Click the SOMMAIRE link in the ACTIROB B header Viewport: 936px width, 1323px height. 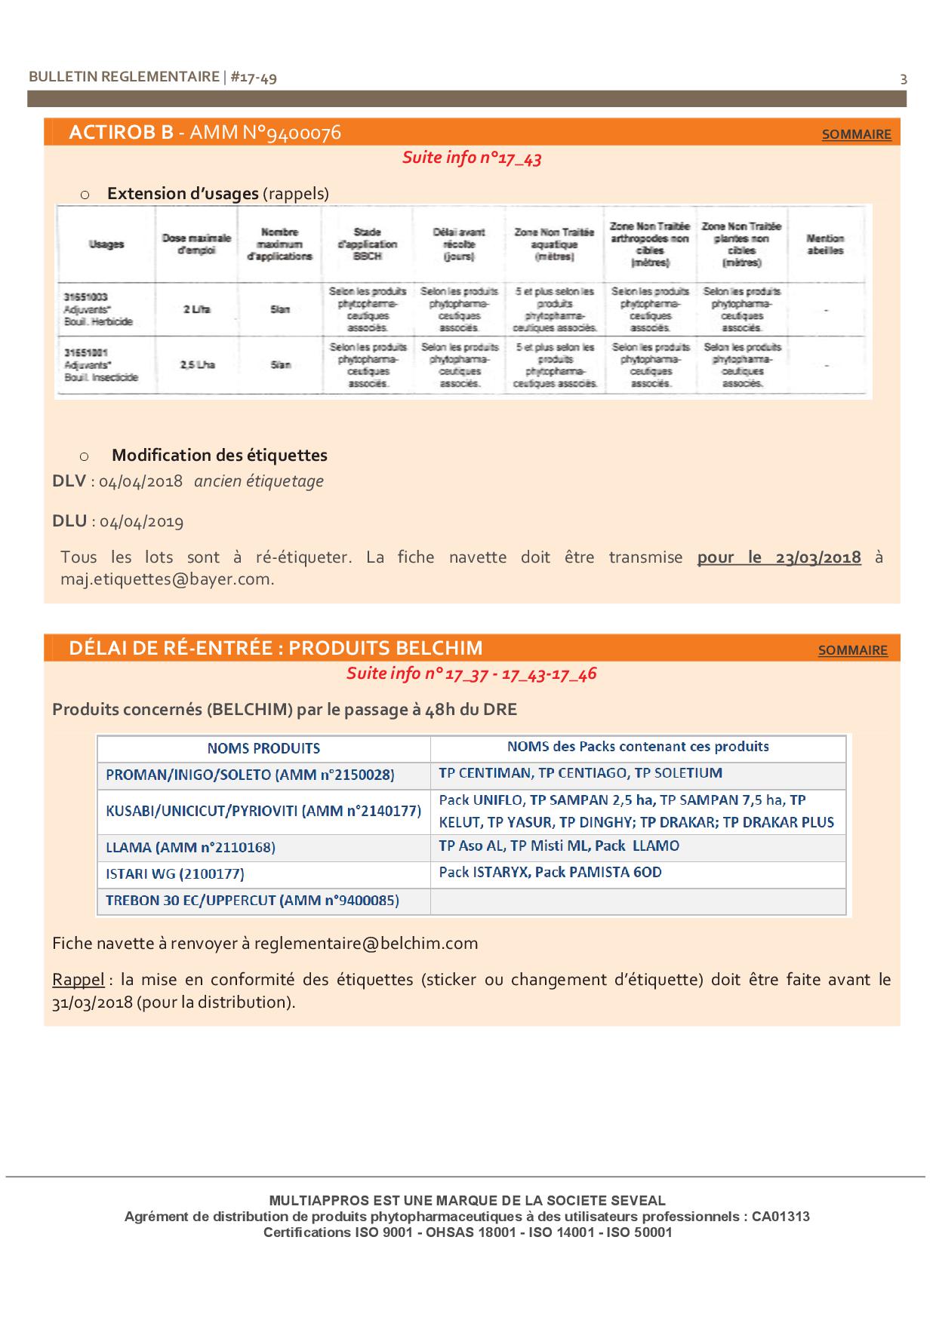click(856, 134)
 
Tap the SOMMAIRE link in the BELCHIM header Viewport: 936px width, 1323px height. click(852, 650)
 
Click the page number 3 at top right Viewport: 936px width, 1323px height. click(904, 79)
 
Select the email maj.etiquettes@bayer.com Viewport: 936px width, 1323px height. click(167, 579)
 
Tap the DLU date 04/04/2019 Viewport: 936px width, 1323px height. click(141, 521)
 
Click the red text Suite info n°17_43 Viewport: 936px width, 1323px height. click(471, 158)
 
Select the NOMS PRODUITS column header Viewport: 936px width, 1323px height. click(263, 748)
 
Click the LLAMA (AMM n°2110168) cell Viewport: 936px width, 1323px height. click(190, 847)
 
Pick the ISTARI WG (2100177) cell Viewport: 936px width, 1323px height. click(174, 874)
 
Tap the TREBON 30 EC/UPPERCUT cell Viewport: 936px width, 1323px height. click(252, 901)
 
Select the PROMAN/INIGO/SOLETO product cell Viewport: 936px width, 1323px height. click(250, 775)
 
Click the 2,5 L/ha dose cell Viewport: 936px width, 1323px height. click(197, 365)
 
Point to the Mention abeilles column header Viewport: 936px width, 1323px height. click(824, 244)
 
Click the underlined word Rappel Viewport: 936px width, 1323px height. click(78, 980)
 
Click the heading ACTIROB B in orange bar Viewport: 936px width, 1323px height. click(121, 133)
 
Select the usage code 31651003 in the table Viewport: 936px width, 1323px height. click(81, 297)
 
